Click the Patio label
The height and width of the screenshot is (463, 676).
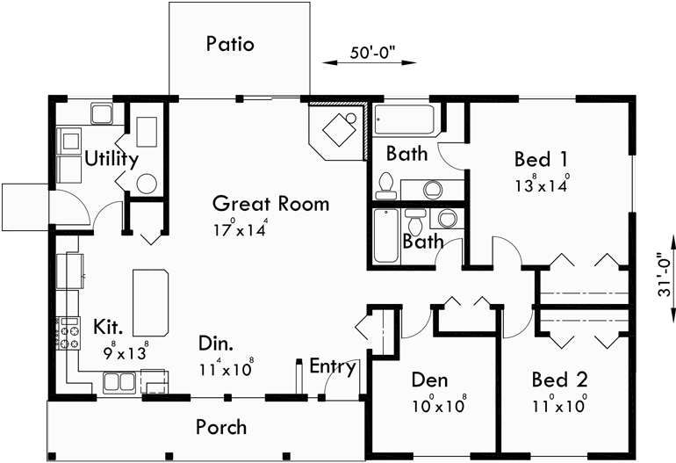(230, 44)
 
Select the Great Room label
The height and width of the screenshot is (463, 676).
(271, 204)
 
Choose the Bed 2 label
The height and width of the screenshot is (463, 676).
(559, 380)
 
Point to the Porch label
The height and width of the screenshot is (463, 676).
(220, 427)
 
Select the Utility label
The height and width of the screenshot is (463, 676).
(111, 159)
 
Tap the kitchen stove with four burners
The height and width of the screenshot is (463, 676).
(69, 332)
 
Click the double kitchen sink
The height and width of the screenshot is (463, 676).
(118, 381)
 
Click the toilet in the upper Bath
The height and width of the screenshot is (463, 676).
(385, 184)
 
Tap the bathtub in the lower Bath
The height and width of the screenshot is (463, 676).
(385, 235)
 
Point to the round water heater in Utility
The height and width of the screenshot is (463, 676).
(147, 184)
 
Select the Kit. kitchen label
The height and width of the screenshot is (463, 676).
(109, 329)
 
